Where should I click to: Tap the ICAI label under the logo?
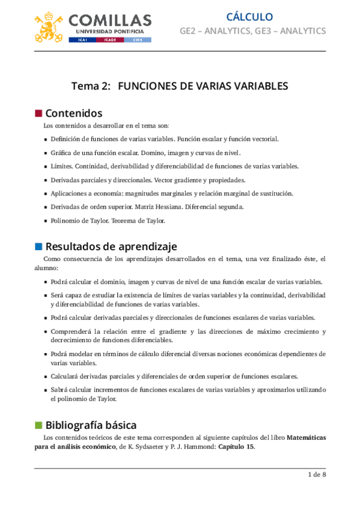pyautogui.click(x=81, y=40)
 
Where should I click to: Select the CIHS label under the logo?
pyautogui.click(x=138, y=40)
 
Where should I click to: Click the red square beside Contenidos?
pyautogui.click(x=38, y=113)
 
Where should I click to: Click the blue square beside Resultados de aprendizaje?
pyautogui.click(x=38, y=246)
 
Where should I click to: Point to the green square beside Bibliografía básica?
pyautogui.click(x=38, y=425)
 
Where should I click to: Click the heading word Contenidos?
pyautogui.click(x=74, y=113)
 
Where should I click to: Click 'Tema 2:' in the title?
pyautogui.click(x=91, y=86)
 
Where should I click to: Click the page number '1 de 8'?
pyautogui.click(x=316, y=475)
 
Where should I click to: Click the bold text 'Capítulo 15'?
pyautogui.click(x=236, y=447)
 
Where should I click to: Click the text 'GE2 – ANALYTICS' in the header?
pyautogui.click(x=213, y=31)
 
